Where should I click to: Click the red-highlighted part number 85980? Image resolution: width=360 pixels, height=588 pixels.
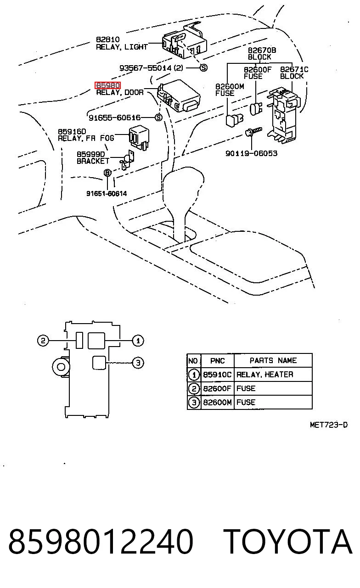tap(107, 85)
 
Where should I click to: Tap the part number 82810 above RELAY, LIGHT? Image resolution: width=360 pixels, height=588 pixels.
tap(107, 39)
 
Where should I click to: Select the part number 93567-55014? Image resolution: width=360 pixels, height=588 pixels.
tap(145, 68)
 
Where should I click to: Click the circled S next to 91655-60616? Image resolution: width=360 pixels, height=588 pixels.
tap(158, 118)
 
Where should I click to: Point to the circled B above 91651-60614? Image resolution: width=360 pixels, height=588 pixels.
tap(107, 173)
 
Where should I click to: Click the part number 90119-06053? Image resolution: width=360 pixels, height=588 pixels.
tap(251, 153)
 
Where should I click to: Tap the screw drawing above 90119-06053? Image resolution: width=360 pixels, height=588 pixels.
tap(253, 131)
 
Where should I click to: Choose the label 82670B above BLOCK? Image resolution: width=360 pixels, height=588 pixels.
tap(262, 50)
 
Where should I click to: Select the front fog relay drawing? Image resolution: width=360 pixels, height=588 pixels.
tap(139, 138)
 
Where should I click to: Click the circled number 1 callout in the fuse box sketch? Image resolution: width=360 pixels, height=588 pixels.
tap(138, 341)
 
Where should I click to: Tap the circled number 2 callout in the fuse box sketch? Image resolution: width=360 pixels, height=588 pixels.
tap(43, 341)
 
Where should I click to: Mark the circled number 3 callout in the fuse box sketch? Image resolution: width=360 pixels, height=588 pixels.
tap(138, 363)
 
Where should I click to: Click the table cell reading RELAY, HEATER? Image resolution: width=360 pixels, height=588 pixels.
tap(264, 374)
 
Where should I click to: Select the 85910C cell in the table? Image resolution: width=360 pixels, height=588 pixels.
tap(217, 374)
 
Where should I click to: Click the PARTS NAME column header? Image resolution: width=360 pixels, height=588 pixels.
tap(273, 360)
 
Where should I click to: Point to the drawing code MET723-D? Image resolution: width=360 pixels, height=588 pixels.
tap(329, 425)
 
